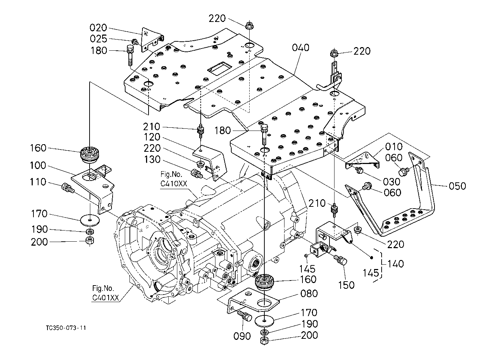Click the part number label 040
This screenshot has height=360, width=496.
pos(300,47)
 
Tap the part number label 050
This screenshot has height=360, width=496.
pos(457,186)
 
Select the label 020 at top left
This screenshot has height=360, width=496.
pos(98,28)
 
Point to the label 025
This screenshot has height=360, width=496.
pos(98,39)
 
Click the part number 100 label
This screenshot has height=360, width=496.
pos(38,165)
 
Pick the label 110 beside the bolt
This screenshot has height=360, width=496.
pos(38,182)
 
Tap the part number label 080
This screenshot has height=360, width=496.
pos(309,293)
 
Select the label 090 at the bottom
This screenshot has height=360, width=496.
pos(242,336)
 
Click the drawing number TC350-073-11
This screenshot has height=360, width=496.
pos(66,328)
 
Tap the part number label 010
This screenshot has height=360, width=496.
pos(394,147)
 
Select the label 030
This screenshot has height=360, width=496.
pos(391,182)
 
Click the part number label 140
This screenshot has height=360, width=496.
pos(395,264)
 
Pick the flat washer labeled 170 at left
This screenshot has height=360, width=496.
pos(88,218)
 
